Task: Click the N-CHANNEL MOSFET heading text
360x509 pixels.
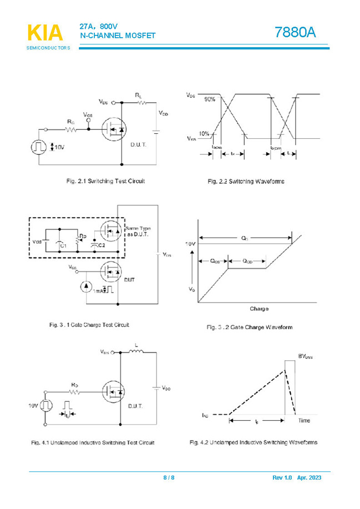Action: click(x=118, y=36)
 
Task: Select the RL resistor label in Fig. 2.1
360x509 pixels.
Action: click(x=138, y=95)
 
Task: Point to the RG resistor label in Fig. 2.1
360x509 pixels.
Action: click(x=70, y=122)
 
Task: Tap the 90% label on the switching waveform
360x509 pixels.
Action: click(x=210, y=99)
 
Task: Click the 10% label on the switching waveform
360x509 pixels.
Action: click(x=205, y=134)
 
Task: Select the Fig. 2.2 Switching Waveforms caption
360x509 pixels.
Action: click(x=246, y=182)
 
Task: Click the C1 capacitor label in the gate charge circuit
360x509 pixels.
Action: click(x=63, y=245)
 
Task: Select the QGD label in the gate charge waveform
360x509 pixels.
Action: click(x=247, y=260)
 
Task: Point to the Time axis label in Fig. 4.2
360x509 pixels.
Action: click(x=305, y=421)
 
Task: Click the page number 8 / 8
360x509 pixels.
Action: click(x=169, y=478)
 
